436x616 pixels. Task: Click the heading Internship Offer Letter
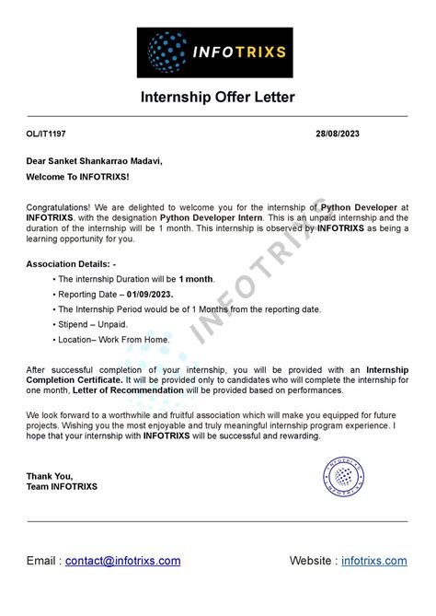(218, 98)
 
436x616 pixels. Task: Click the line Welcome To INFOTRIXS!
(78, 176)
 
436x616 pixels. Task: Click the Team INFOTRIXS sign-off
(62, 486)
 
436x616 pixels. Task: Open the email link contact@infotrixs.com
(122, 560)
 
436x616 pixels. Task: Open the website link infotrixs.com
(373, 560)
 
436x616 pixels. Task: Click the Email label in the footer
(42, 560)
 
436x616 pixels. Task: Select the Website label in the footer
(312, 560)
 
